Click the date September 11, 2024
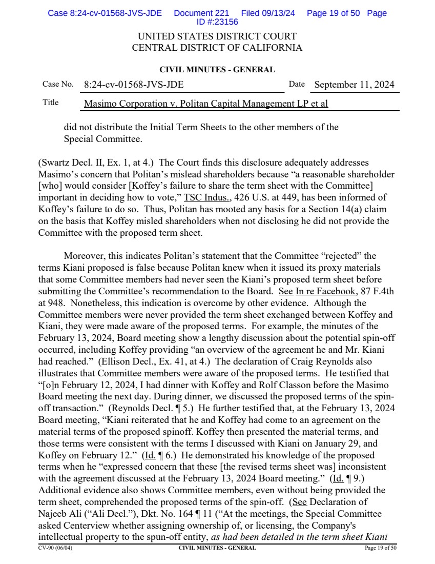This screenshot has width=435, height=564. pyautogui.click(x=354, y=85)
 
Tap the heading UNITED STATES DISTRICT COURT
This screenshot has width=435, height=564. pyautogui.click(x=217, y=37)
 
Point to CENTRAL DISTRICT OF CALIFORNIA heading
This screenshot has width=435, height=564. pyautogui.click(x=217, y=48)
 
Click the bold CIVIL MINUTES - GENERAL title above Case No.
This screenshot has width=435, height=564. pyautogui.click(x=217, y=70)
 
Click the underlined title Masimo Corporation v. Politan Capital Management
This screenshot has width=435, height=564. pyautogui.click(x=205, y=104)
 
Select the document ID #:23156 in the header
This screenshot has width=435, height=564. pyautogui.click(x=217, y=22)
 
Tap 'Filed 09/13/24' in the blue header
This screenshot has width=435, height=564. pyautogui.click(x=268, y=13)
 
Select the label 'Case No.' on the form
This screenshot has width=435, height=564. pyautogui.click(x=57, y=84)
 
